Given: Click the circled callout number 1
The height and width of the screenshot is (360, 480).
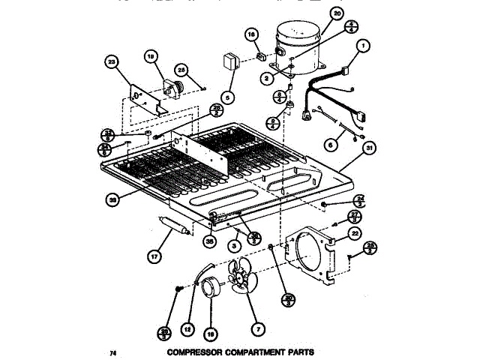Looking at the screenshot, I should click(x=364, y=46).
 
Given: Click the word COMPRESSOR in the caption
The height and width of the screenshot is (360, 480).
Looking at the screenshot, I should click(x=199, y=352).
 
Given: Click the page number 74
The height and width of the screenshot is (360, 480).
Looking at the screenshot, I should click(x=113, y=352).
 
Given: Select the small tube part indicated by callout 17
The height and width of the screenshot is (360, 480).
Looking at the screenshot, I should click(x=172, y=226).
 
